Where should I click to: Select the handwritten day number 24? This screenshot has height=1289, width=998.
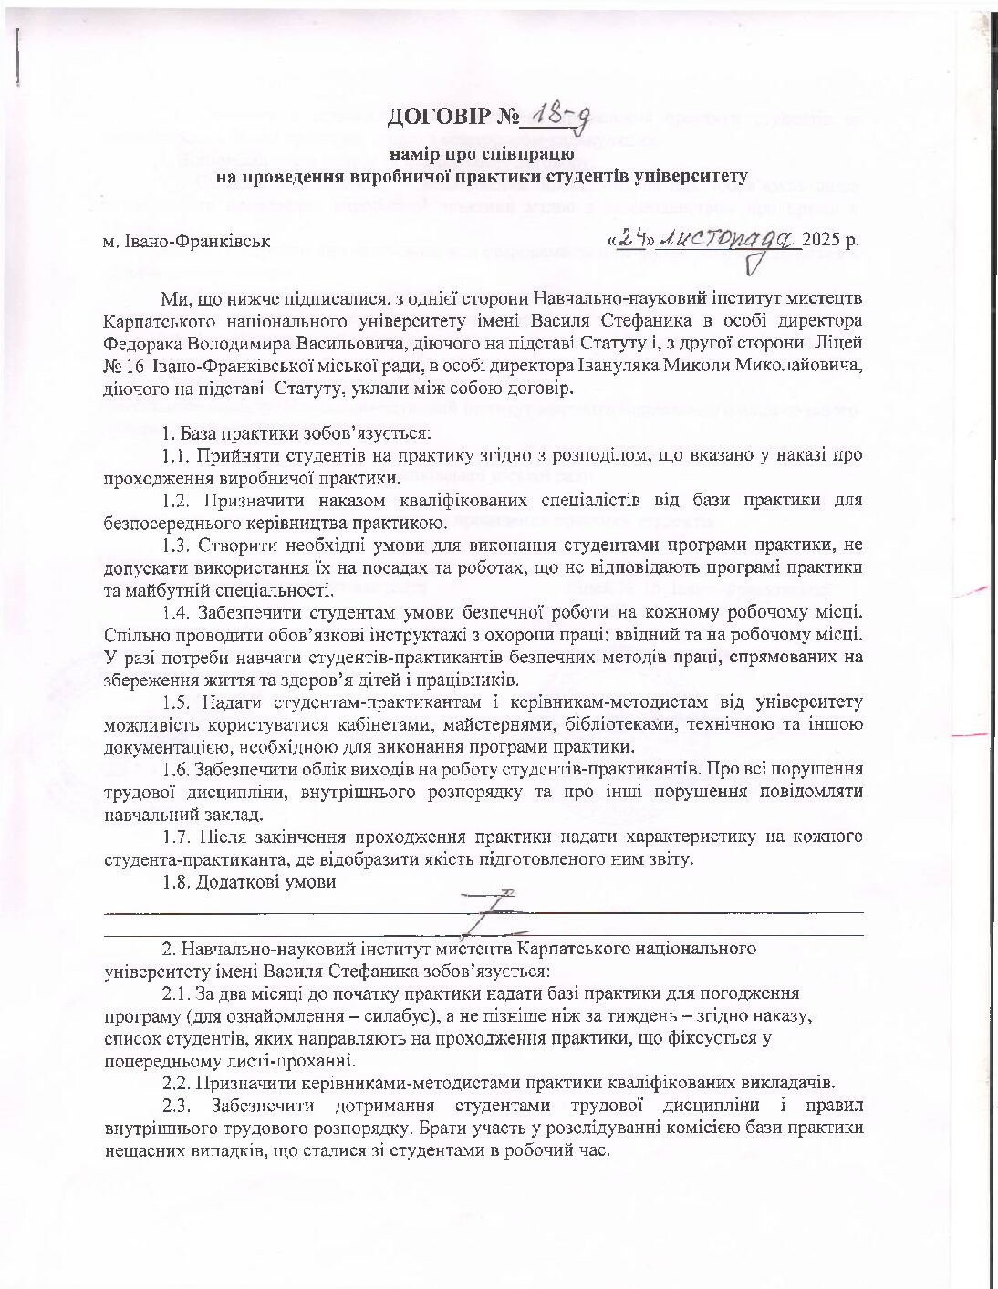[x=632, y=238]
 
